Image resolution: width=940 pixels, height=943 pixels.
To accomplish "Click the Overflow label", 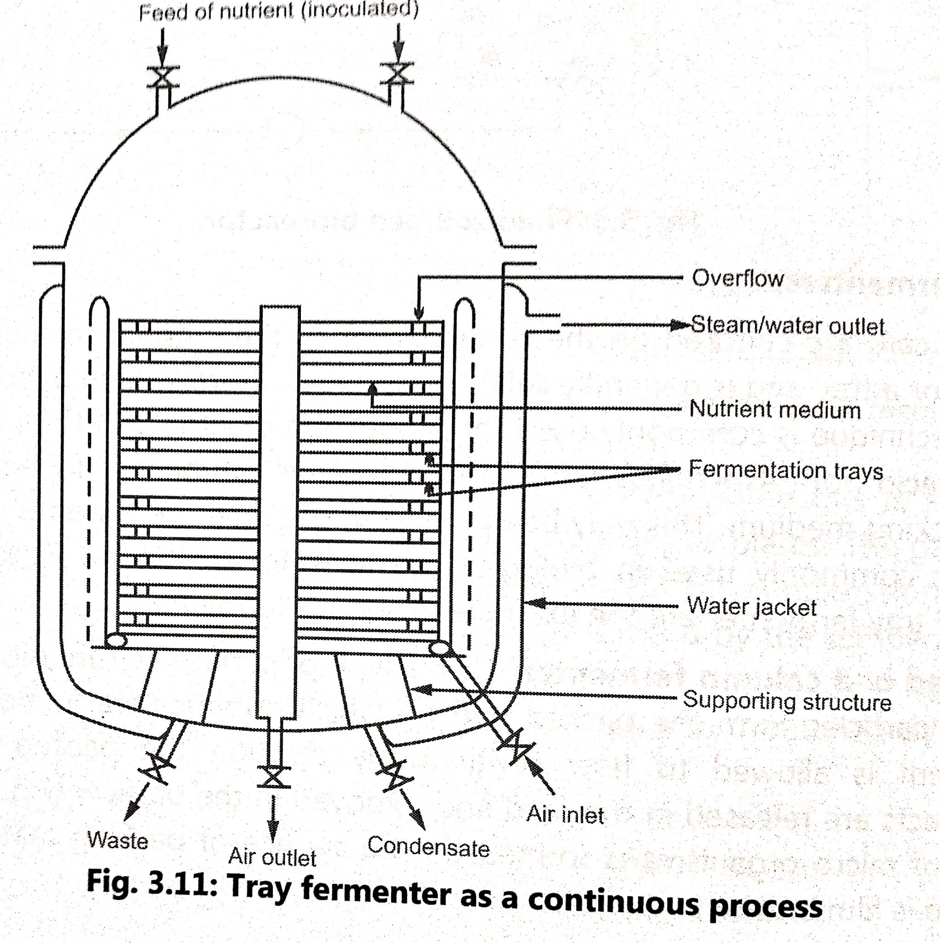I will click(737, 279).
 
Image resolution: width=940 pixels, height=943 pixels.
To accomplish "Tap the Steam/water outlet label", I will click(787, 326).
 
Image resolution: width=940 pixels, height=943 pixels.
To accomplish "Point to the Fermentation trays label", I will click(785, 471).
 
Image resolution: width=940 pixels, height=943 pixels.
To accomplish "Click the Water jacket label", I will click(751, 607).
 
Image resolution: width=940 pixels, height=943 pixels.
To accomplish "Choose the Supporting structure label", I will click(786, 701).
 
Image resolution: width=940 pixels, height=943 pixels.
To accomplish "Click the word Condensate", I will click(428, 847).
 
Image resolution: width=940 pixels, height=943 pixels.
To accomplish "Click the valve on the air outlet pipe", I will click(273, 777).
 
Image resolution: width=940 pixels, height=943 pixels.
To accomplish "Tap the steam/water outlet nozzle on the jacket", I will click(542, 323).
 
